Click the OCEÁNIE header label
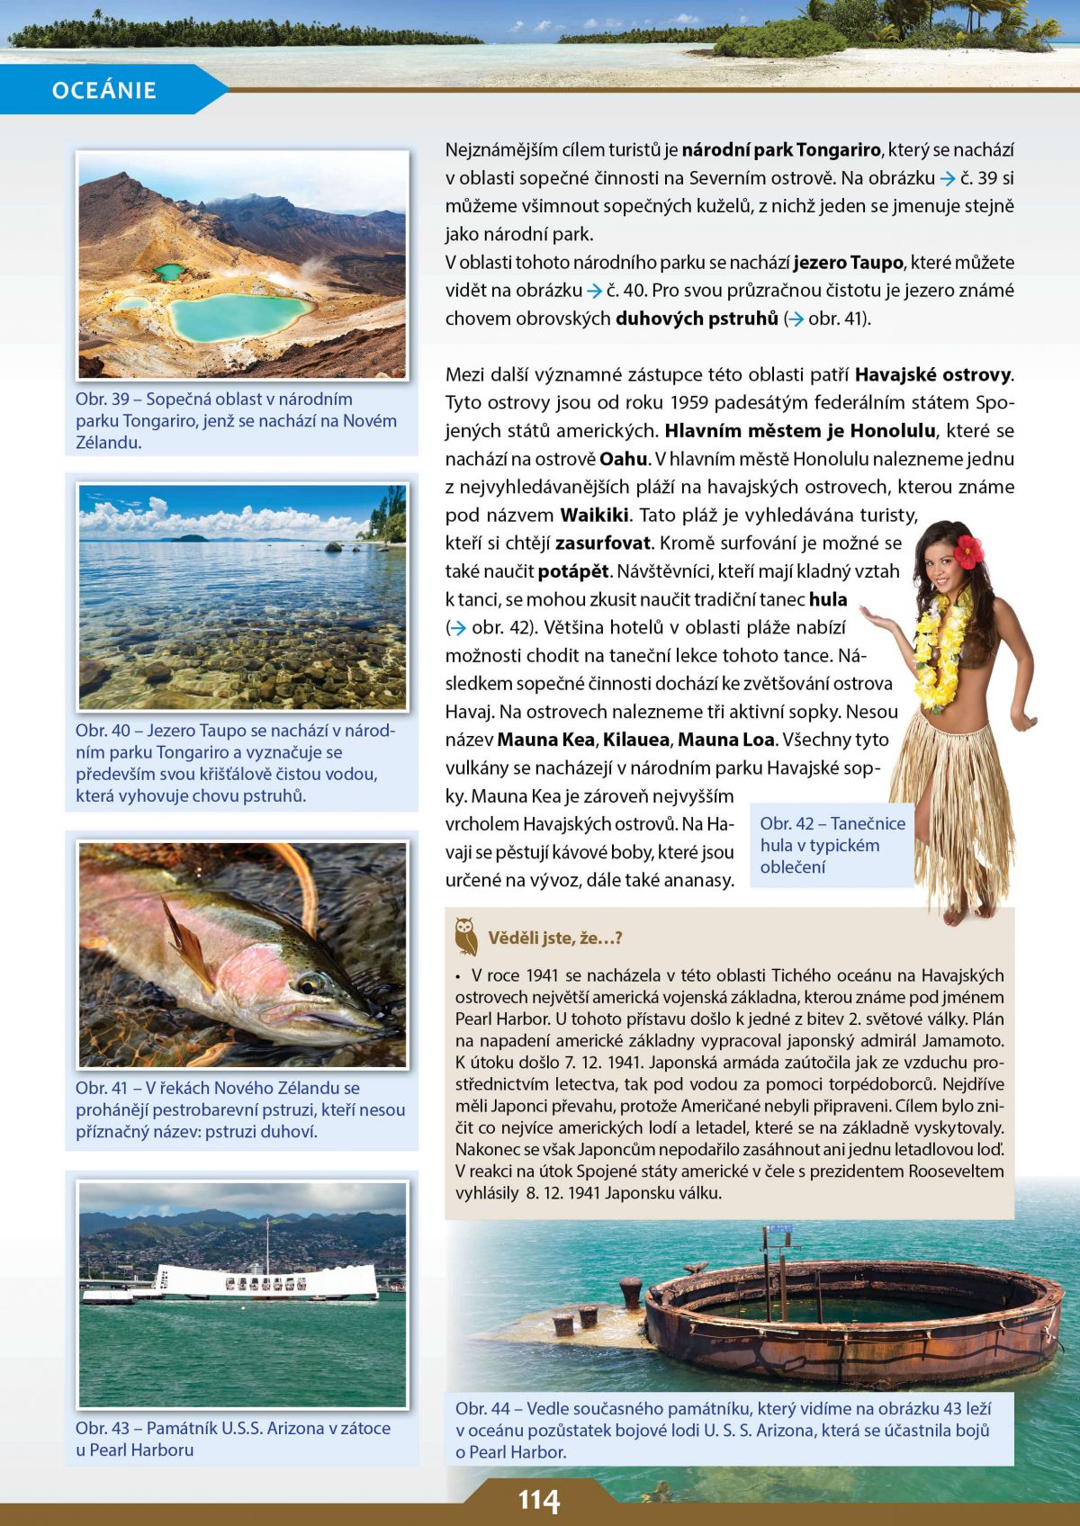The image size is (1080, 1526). pyautogui.click(x=104, y=90)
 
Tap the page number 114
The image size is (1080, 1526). pyautogui.click(x=538, y=1501)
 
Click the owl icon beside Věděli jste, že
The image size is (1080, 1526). pyautogui.click(x=465, y=936)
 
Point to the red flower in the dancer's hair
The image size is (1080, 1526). pyautogui.click(x=968, y=550)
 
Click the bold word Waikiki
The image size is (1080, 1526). pyautogui.click(x=595, y=516)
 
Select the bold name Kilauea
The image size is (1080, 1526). pyautogui.click(x=636, y=740)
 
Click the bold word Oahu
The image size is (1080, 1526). pyautogui.click(x=623, y=459)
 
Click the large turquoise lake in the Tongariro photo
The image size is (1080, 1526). pyautogui.click(x=238, y=316)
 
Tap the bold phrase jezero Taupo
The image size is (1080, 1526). pyautogui.click(x=848, y=263)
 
